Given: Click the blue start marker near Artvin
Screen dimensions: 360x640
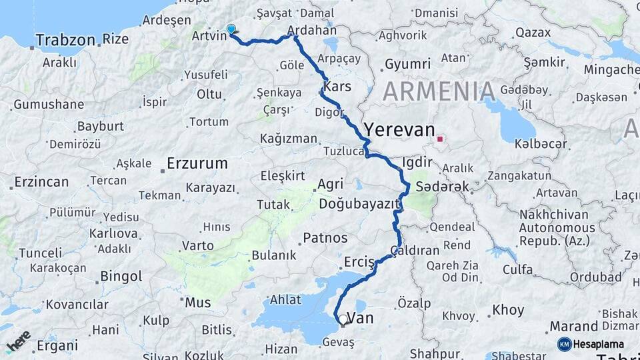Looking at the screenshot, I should click(231, 29).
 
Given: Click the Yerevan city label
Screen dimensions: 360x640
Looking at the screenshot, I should click(399, 129).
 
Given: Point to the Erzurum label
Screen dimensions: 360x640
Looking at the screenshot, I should click(197, 163).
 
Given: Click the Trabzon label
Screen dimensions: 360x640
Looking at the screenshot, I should click(65, 40).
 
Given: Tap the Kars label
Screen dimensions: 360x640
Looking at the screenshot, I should click(337, 87).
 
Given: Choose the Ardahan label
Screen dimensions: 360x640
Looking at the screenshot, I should click(313, 31).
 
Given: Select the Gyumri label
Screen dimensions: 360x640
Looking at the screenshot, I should click(407, 64).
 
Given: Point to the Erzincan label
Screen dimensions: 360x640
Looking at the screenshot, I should click(41, 182).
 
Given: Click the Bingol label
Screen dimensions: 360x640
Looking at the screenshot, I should click(121, 276).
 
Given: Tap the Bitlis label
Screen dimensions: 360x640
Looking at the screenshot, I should click(217, 329).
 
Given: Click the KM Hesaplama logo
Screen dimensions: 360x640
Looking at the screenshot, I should click(593, 344).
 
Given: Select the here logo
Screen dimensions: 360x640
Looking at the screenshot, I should click(18, 341).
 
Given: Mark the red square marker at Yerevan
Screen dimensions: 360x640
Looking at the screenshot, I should click(439, 139).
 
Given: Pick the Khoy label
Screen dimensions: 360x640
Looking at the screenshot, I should click(509, 310).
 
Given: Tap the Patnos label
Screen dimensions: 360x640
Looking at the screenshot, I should click(325, 238).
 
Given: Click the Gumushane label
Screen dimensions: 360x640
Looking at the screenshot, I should click(49, 104).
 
